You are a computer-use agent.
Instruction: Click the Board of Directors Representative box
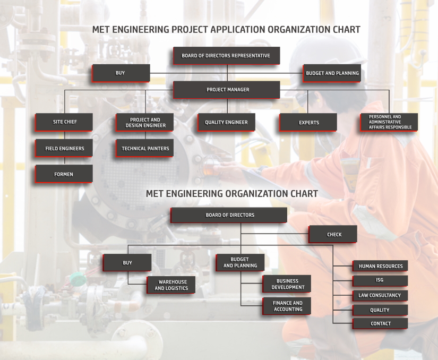(227, 56)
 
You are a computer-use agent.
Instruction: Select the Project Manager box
(227, 90)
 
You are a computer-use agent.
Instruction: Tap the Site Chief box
(64, 122)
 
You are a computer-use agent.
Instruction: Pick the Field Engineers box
(64, 148)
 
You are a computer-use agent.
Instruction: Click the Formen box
(64, 174)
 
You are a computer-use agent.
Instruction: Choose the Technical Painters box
(145, 148)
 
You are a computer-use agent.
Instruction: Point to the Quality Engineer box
(226, 122)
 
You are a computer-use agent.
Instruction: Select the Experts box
(308, 122)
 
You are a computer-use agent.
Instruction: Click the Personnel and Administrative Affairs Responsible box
(389, 122)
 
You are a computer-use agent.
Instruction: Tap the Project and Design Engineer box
(145, 122)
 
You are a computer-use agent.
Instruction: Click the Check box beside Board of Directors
(333, 234)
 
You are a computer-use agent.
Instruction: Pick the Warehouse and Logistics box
(171, 285)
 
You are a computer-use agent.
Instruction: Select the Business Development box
(287, 284)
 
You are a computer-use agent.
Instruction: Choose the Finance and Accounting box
(287, 306)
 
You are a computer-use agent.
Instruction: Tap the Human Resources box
(380, 265)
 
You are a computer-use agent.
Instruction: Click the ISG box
(380, 281)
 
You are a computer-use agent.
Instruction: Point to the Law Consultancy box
(380, 295)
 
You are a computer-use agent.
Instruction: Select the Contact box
(380, 323)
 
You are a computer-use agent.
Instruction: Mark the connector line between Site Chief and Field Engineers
(65, 135)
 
